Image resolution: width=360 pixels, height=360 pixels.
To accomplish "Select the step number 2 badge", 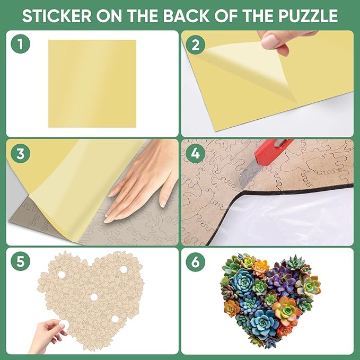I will tap(195, 45).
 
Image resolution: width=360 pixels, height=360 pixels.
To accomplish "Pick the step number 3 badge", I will tap(20, 154).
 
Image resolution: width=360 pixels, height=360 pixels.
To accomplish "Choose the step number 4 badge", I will tap(195, 154).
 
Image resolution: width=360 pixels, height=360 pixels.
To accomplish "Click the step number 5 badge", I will tap(20, 261).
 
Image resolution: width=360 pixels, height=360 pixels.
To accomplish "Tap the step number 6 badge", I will tap(195, 261).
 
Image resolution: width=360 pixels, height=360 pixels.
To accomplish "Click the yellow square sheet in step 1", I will tap(92, 83).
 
